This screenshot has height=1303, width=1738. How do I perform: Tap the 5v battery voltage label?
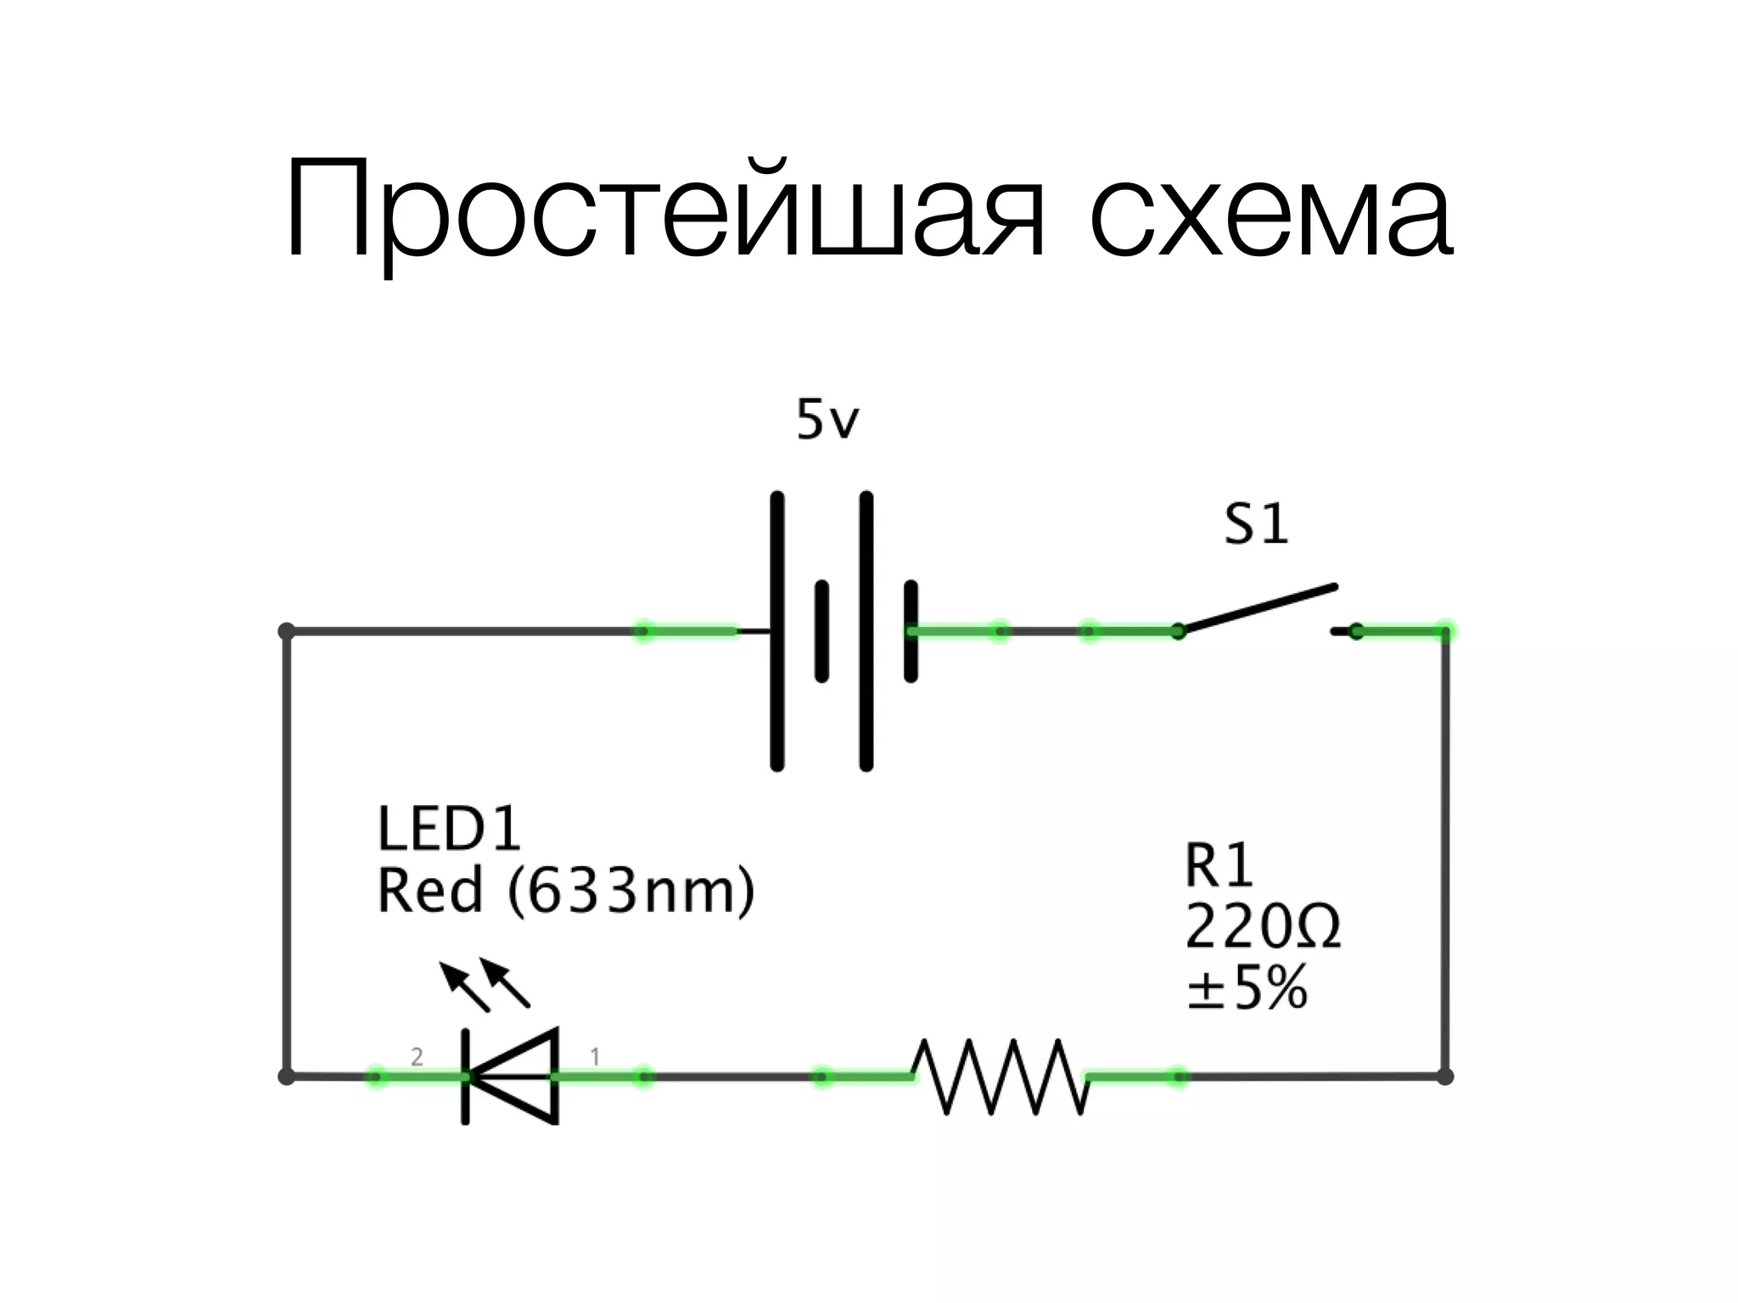tap(827, 420)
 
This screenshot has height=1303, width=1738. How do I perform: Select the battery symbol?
tap(843, 631)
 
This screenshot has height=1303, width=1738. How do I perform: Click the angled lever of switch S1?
tap(1260, 607)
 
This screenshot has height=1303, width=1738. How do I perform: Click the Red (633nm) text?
tap(565, 891)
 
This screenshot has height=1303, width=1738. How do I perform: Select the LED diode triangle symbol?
tap(513, 1077)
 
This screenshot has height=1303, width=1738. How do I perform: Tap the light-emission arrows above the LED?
tap(485, 984)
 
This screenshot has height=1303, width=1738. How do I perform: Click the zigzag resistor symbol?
tap(1000, 1077)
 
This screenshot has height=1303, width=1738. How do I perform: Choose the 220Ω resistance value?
tap(1262, 927)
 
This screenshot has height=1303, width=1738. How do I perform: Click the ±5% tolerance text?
tap(1246, 988)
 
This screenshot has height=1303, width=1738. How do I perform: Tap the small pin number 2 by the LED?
tap(417, 1057)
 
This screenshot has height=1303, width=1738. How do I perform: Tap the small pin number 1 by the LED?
tap(595, 1057)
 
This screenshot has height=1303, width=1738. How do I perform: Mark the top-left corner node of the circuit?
tap(287, 631)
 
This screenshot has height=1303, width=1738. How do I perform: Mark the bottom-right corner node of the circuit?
tap(1445, 1077)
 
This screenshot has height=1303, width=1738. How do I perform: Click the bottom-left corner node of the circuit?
tap(287, 1077)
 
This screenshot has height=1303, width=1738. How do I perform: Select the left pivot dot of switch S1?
tap(1178, 631)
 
